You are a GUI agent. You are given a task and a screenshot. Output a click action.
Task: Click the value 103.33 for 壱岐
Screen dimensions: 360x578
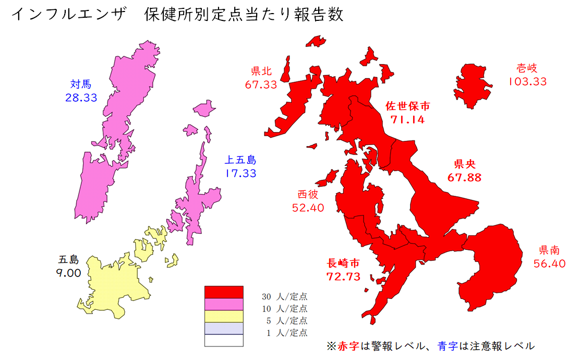coord(527,81)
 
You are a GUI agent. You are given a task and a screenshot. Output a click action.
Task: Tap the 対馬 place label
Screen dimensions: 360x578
coord(81,83)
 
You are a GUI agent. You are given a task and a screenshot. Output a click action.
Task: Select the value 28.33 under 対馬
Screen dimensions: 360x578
coord(81,98)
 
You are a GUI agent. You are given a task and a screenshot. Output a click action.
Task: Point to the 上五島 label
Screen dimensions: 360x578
coord(240,160)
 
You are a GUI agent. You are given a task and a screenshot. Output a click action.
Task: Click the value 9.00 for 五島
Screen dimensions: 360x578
coord(68,272)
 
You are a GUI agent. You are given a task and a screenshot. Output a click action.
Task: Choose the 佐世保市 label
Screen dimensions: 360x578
coord(407,106)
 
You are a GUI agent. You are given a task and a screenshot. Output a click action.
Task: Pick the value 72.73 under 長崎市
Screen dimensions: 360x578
coord(343,277)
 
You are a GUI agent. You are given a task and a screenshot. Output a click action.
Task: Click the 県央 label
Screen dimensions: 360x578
coord(464,163)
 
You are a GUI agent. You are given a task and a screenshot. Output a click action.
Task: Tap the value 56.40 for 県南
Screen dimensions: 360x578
coord(549,263)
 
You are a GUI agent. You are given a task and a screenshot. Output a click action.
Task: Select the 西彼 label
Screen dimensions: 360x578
coord(308,194)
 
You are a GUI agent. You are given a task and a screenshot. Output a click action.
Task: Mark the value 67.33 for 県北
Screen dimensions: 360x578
coord(261,85)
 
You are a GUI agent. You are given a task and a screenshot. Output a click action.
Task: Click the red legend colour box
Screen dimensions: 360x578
coord(224,292)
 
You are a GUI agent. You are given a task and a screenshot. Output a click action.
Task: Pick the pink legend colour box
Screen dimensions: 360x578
coord(224,304)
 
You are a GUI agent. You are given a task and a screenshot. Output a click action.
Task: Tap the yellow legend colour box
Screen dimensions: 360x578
coord(224,316)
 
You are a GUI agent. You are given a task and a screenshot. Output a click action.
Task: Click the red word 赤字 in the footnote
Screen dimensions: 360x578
coord(348,346)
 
